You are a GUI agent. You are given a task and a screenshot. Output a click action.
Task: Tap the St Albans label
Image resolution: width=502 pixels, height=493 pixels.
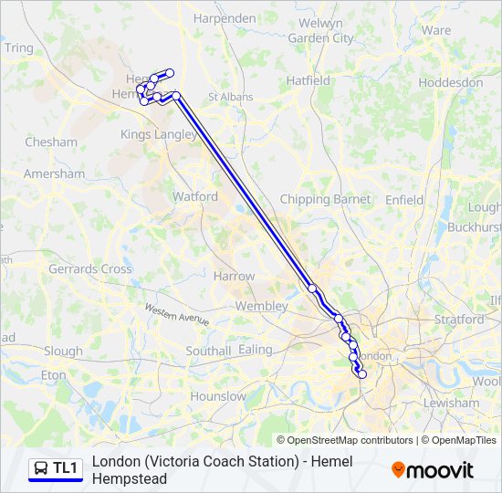(231, 97)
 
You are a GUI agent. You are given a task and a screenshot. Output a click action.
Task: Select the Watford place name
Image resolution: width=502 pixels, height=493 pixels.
(195, 196)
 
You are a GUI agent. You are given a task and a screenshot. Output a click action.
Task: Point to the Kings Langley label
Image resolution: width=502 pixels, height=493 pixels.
(158, 134)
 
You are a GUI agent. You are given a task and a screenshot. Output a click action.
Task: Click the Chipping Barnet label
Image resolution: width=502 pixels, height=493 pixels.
(325, 199)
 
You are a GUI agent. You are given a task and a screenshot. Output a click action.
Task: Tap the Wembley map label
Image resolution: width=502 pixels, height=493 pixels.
(261, 307)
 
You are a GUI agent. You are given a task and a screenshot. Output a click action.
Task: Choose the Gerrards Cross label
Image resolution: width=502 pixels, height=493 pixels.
(90, 269)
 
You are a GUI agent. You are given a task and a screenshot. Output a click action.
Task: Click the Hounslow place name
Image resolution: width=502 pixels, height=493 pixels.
(218, 396)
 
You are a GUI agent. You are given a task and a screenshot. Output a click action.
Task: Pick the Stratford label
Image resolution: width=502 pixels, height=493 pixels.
(459, 320)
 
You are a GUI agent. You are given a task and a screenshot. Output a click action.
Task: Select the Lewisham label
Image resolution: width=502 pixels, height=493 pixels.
(451, 403)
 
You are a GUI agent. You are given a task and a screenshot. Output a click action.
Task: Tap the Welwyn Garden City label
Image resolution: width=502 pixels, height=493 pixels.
(320, 30)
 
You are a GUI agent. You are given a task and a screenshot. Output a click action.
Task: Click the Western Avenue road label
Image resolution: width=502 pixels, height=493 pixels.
(177, 315)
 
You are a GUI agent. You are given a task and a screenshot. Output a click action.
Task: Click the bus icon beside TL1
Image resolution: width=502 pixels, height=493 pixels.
(41, 468)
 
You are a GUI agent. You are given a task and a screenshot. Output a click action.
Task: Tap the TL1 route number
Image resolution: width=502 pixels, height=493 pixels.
(65, 468)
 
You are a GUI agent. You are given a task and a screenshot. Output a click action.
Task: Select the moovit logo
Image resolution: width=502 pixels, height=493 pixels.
(433, 470)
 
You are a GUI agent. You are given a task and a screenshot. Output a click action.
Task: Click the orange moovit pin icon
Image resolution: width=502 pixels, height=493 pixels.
(398, 470)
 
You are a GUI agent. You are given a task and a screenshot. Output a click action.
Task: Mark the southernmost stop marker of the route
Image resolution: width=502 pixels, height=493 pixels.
(361, 373)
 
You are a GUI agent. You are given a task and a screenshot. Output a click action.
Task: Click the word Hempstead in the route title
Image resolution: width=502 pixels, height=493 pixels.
(130, 478)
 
